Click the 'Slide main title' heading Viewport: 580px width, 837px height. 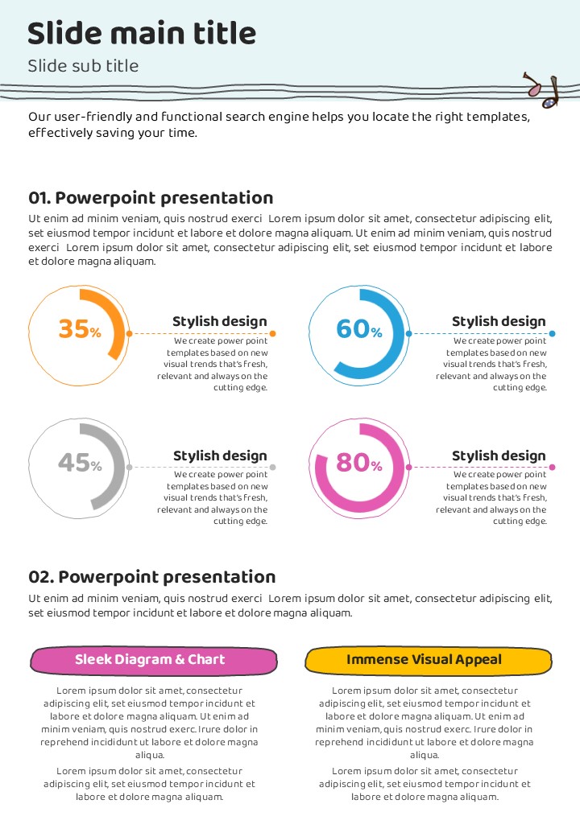tap(142, 34)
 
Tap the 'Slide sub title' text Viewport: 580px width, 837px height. tap(83, 66)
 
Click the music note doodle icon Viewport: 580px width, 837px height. tap(541, 90)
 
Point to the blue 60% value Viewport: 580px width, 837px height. tap(358, 329)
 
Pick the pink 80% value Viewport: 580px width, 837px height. tap(358, 463)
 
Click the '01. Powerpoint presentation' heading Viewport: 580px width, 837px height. tap(151, 198)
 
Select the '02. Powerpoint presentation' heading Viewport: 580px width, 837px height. tap(152, 576)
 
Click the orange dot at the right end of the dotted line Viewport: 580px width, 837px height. tap(273, 333)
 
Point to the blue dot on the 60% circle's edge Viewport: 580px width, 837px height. tap(409, 333)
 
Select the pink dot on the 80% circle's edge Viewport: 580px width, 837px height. tap(408, 467)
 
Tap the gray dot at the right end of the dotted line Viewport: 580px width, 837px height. tap(273, 467)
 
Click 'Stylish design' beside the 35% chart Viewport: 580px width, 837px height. tap(219, 321)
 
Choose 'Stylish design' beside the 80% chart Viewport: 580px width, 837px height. tap(499, 456)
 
